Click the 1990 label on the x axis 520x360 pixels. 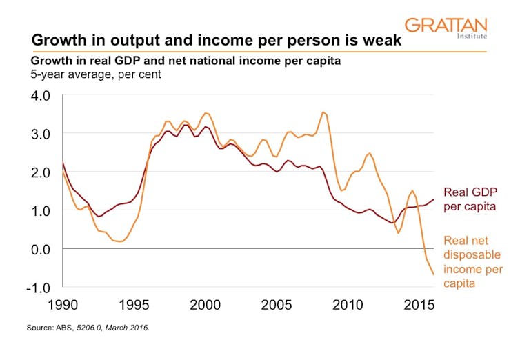62,305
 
